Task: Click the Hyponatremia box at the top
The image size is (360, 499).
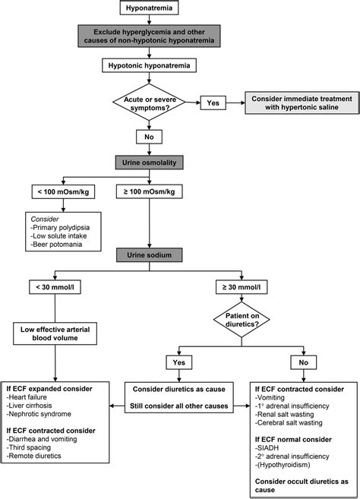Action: coord(149,8)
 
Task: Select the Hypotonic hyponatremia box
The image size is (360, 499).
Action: coord(149,65)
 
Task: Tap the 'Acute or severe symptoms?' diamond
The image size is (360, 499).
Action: coord(149,103)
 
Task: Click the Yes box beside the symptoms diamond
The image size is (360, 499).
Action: coord(213,103)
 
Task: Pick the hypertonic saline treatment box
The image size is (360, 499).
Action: coord(302,103)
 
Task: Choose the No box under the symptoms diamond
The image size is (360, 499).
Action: coord(149,137)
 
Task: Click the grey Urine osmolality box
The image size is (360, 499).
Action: coord(149,163)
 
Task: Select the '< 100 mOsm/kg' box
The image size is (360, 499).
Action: coord(63,192)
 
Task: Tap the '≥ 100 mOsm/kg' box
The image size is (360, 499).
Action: coord(149,192)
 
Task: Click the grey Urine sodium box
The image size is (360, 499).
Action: coord(149,255)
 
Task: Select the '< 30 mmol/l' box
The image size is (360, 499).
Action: coord(55,287)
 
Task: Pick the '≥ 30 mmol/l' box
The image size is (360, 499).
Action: coord(242,287)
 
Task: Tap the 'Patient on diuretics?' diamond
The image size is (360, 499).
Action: coord(242,320)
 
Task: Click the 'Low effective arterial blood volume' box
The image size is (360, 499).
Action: coord(55,333)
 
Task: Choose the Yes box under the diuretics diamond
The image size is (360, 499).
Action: coord(179,362)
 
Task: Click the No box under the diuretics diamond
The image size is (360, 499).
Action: coord(303,362)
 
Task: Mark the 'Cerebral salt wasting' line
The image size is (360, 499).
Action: coord(289,423)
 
